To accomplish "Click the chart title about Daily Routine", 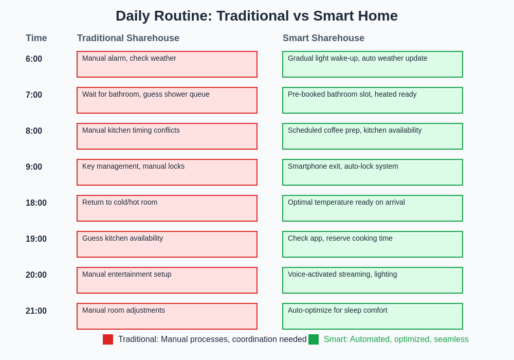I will pos(256,16).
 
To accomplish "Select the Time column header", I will pos(36,38).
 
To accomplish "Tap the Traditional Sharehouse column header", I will pos(128,38).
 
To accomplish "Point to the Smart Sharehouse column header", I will pos(323,38).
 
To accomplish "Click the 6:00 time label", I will pos(34,59).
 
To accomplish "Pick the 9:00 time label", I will pos(34,167).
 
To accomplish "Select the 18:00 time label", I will pos(36,203).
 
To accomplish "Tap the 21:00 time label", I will pos(36,311).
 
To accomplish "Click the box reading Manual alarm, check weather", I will pos(167,64).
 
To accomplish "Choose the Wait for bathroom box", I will pos(167,100).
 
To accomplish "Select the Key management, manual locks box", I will pos(167,172).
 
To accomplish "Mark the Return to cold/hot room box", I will pos(167,208).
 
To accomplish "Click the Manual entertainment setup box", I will pos(167,280).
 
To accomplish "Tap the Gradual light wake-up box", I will pos(373,64).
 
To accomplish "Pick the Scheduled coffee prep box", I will pos(373,136).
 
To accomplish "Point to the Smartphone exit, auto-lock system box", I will pos(373,172).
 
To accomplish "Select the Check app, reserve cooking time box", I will pos(373,244).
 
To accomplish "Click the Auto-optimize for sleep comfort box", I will pos(373,316).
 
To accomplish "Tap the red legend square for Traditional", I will pos(108,339).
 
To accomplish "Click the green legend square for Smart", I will pos(314,339).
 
